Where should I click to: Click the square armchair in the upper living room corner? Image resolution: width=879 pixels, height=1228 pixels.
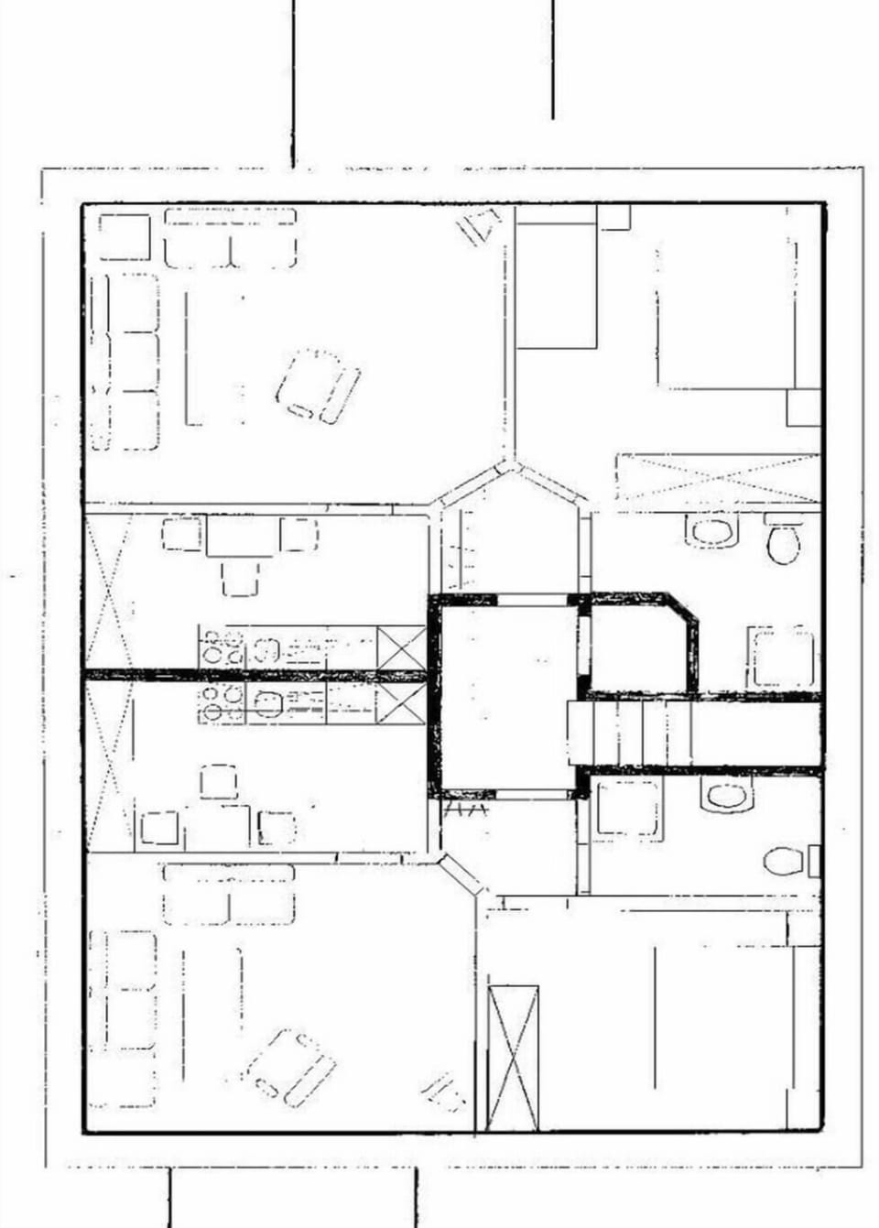click(x=124, y=236)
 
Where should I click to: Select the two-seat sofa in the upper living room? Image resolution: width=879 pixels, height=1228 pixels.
click(x=231, y=238)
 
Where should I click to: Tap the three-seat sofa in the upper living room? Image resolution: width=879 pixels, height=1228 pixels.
click(x=125, y=361)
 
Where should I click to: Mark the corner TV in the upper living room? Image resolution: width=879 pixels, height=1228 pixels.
click(x=479, y=224)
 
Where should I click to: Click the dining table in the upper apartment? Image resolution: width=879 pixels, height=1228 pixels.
click(x=240, y=537)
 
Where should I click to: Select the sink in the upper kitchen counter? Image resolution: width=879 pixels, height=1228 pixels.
click(x=266, y=649)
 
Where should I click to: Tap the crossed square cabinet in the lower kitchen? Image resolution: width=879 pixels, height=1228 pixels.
click(x=401, y=703)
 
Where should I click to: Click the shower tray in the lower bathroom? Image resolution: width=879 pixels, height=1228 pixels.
click(x=628, y=807)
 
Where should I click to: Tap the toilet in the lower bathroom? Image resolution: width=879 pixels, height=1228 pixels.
click(x=784, y=861)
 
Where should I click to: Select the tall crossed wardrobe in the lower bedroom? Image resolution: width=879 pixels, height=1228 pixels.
click(x=513, y=1058)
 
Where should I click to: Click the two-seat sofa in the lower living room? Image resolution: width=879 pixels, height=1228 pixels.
click(x=229, y=894)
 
